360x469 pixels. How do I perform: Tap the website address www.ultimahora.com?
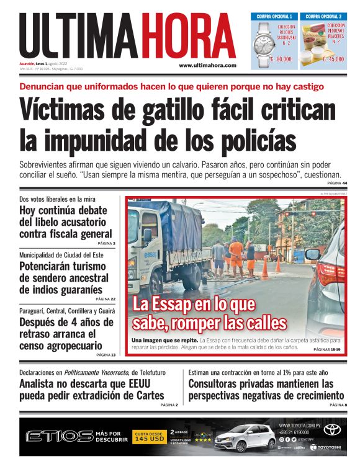tap(208, 65)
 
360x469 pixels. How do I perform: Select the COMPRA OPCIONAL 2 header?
tap(324, 16)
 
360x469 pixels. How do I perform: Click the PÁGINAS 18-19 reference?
tap(330, 350)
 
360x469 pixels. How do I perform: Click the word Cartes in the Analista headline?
tap(146, 395)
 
